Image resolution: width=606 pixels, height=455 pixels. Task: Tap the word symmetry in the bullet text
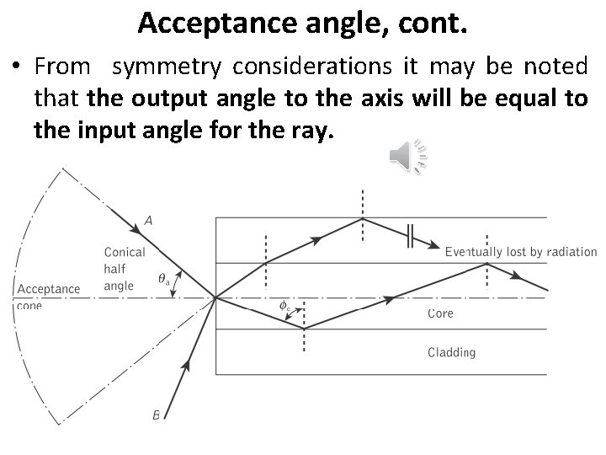tap(153, 67)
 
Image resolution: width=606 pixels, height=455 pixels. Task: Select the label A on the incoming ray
tap(148, 221)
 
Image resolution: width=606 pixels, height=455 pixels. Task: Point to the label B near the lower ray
tap(156, 414)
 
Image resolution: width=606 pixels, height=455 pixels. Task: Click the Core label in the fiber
tap(440, 313)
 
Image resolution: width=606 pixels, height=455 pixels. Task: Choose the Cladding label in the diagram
tap(451, 352)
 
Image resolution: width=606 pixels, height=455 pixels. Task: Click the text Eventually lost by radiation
tap(521, 251)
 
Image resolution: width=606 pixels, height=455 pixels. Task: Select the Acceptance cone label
tap(48, 295)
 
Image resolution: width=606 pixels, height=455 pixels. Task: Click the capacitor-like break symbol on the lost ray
tap(408, 237)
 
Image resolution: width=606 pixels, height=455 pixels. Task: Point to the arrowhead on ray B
tap(188, 367)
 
